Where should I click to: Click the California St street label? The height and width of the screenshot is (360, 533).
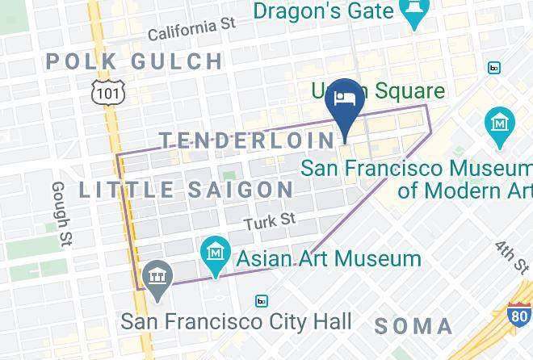click(x=191, y=29)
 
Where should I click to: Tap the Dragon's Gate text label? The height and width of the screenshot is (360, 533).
click(x=323, y=11)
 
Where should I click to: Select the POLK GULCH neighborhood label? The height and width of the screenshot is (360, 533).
click(x=134, y=61)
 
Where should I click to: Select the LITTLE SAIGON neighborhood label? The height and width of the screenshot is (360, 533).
click(x=187, y=190)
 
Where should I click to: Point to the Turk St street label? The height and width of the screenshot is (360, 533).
click(x=271, y=220)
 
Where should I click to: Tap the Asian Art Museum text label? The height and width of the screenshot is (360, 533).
click(x=329, y=259)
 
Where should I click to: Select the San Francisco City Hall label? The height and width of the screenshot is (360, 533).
click(x=236, y=321)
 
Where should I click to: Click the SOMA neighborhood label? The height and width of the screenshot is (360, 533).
click(x=413, y=326)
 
